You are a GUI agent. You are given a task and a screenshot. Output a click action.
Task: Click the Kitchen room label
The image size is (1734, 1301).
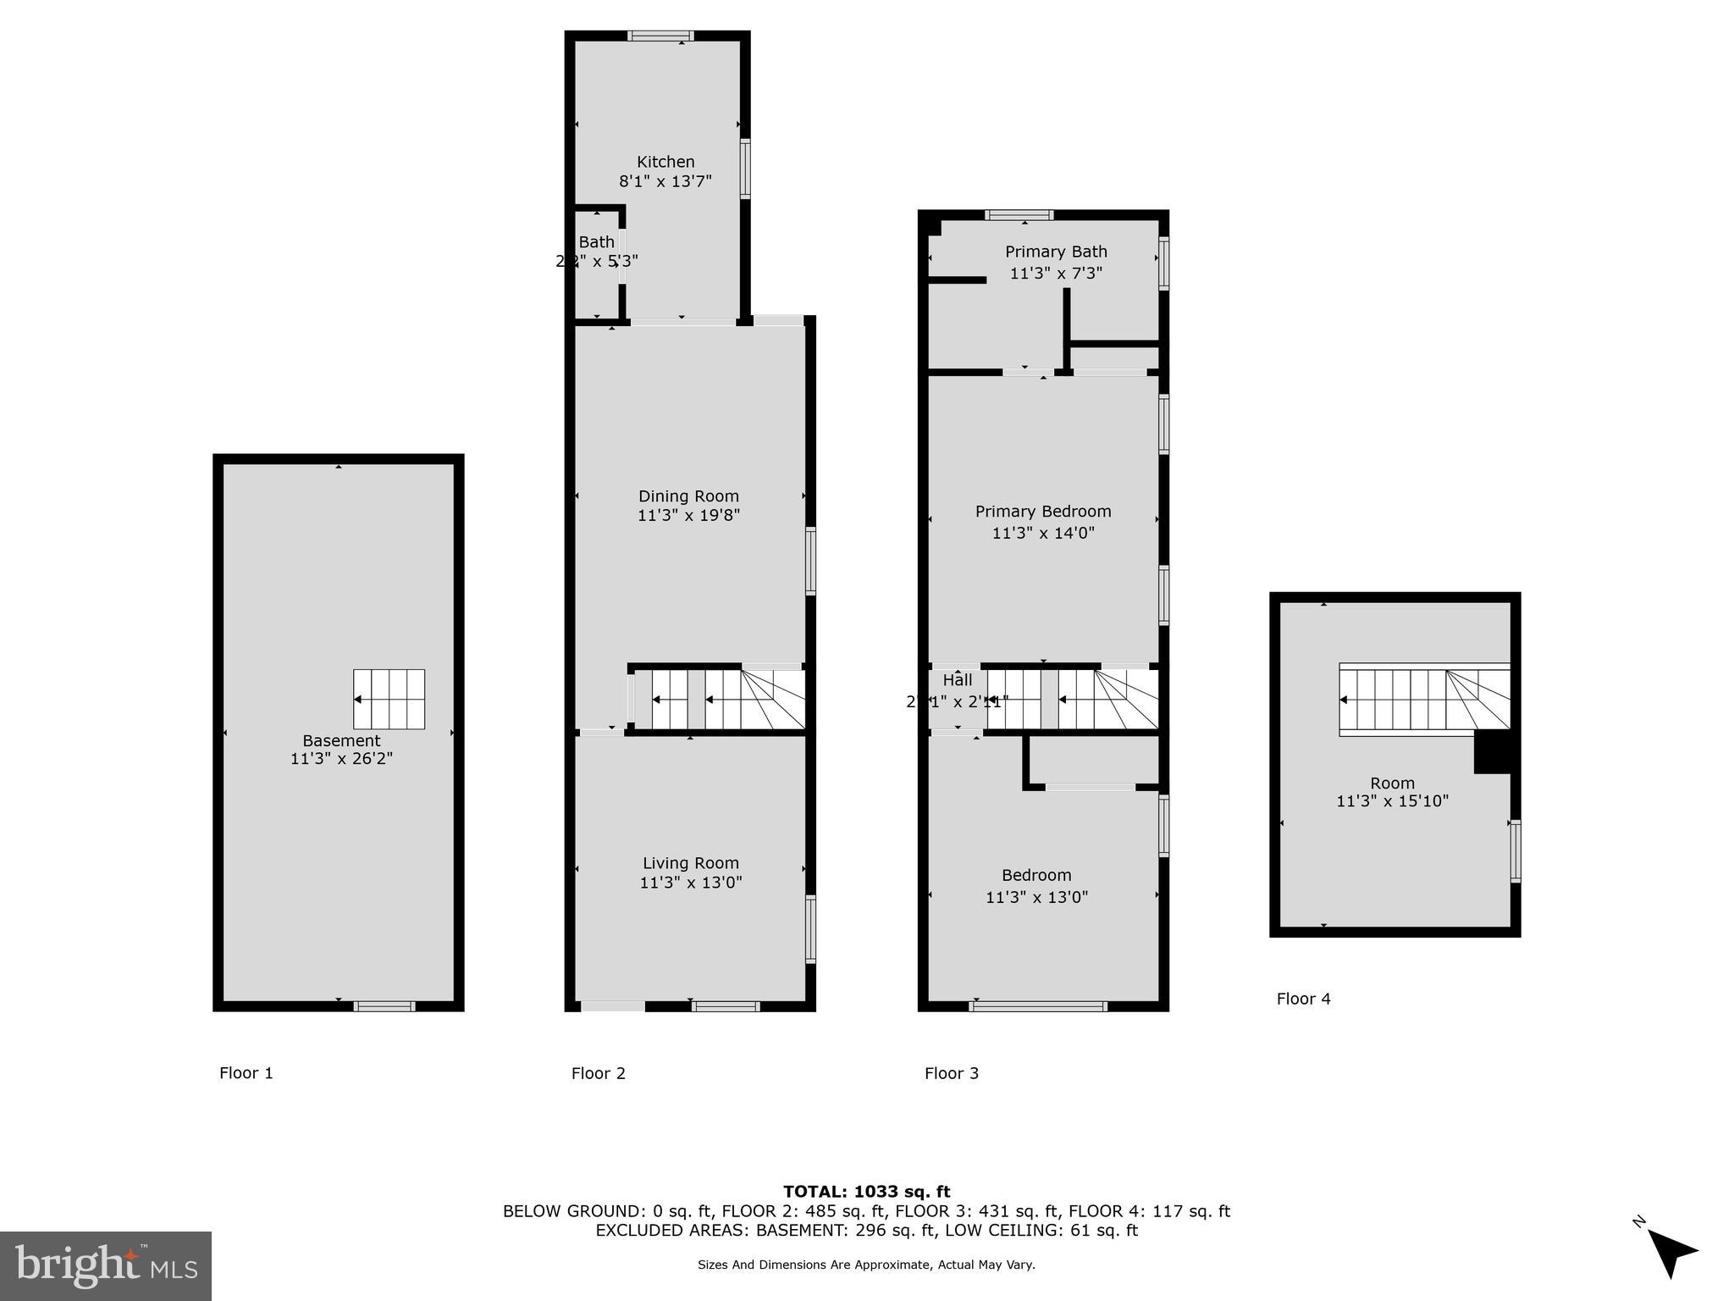(x=665, y=162)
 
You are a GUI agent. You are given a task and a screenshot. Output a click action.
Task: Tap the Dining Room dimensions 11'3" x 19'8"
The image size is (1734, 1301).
(x=688, y=515)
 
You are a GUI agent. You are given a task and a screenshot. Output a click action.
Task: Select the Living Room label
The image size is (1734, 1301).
(x=690, y=863)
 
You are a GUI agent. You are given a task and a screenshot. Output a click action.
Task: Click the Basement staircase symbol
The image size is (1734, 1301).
(x=389, y=699)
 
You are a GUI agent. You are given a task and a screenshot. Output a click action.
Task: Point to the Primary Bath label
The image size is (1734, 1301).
(x=1056, y=252)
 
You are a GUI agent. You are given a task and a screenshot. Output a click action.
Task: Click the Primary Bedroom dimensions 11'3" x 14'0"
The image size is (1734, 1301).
(x=1043, y=533)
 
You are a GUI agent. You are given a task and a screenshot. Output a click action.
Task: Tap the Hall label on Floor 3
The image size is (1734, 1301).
(x=958, y=680)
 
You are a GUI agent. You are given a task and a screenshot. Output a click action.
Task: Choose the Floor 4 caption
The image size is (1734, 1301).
(x=1303, y=999)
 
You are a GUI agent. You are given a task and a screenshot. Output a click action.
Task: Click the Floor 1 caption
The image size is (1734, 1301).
(x=246, y=1073)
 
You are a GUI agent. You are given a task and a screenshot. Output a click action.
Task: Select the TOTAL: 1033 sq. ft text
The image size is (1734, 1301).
(x=866, y=1192)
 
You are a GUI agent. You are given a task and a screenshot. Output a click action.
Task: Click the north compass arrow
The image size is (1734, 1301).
(x=1671, y=1252)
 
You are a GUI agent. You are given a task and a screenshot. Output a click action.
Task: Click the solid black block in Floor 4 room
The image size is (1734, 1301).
(x=1492, y=751)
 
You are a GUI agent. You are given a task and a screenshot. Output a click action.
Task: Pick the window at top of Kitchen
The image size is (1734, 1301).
(x=660, y=36)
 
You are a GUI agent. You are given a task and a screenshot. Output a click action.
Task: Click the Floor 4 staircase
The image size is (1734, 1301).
(x=1423, y=699)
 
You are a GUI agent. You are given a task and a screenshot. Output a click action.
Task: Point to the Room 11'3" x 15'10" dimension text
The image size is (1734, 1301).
(x=1392, y=801)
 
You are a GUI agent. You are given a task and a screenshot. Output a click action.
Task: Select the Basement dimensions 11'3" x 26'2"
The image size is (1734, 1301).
(x=341, y=759)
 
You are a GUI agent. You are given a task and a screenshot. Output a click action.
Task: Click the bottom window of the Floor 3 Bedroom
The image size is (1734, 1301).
(x=1038, y=1006)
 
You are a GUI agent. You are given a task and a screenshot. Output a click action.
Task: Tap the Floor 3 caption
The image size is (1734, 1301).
(x=951, y=1073)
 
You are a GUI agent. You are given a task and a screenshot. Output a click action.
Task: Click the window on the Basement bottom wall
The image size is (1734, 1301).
(x=384, y=1006)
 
